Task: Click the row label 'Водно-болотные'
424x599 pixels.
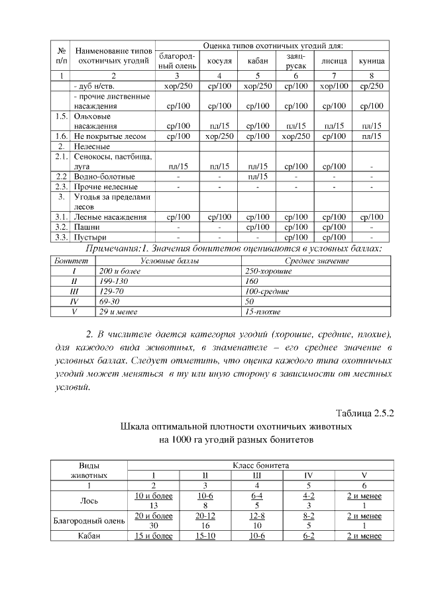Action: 105,177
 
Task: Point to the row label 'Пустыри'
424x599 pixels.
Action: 90,236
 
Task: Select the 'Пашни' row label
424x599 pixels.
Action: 87,226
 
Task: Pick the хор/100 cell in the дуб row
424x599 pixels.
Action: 334,86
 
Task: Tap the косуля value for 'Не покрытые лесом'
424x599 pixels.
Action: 219,136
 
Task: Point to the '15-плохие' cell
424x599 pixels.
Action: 263,311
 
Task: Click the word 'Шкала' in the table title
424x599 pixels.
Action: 136,428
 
